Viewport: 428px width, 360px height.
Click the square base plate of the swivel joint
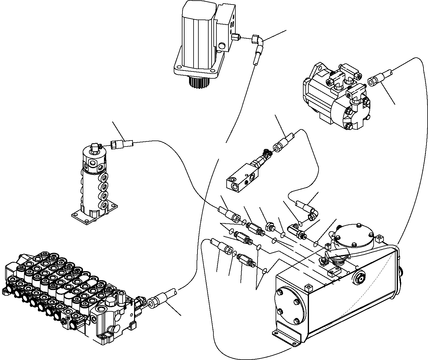(93, 215)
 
